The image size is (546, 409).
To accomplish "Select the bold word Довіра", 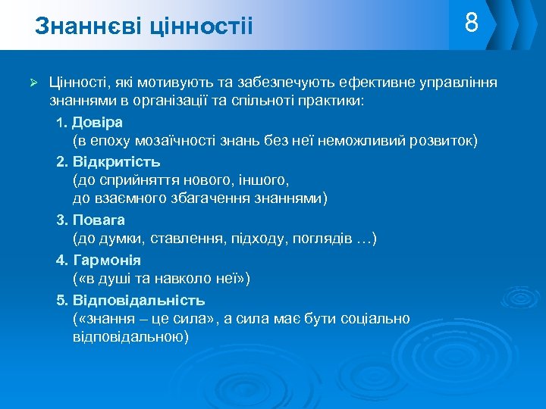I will [98, 122].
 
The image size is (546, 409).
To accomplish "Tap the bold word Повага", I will [99, 220].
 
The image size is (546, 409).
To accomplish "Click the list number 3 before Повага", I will [61, 220].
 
